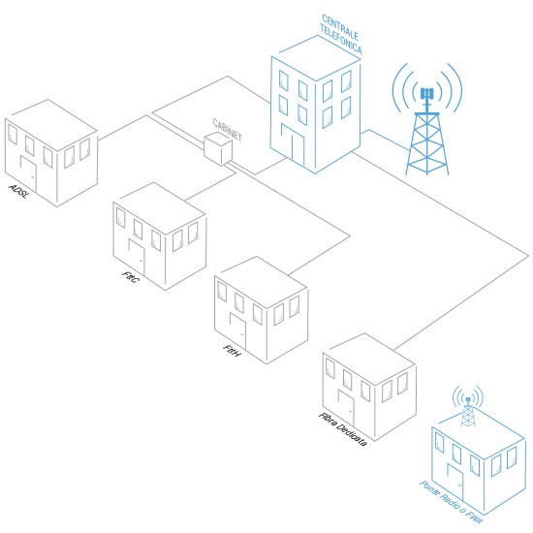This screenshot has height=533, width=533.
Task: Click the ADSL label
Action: [18, 191]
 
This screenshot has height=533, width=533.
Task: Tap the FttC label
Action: [130, 277]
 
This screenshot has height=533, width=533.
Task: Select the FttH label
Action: [233, 351]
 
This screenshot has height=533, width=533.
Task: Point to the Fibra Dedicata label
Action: [343, 429]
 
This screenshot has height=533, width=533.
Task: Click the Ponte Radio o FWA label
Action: [451, 502]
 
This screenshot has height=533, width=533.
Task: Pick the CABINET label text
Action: [228, 130]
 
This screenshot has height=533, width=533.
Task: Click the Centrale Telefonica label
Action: [341, 34]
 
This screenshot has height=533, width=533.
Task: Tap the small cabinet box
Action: [218, 149]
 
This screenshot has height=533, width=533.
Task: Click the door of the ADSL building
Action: [28, 173]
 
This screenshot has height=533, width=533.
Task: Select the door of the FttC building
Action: [137, 257]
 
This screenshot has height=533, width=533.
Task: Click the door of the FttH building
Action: [238, 330]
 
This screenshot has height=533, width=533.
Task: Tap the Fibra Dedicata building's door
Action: [346, 408]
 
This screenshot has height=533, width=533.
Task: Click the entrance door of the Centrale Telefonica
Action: [293, 144]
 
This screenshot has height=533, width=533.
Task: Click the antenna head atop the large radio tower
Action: [427, 93]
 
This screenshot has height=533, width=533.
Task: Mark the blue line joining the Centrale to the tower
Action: [385, 140]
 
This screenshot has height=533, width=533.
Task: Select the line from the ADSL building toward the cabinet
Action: [122, 128]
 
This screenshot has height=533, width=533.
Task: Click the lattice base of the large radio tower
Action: [427, 143]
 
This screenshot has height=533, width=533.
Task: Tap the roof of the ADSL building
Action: [51, 125]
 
